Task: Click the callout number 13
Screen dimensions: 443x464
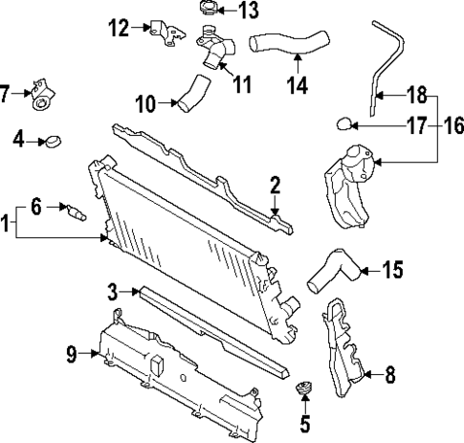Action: pyautogui.click(x=248, y=11)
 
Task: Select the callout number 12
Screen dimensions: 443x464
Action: pyautogui.click(x=119, y=28)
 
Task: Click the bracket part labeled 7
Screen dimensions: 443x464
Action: pyautogui.click(x=41, y=93)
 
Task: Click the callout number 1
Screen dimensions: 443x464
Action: pyautogui.click(x=8, y=226)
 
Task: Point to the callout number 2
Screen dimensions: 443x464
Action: pyautogui.click(x=275, y=185)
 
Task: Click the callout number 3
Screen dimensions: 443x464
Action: pyautogui.click(x=112, y=290)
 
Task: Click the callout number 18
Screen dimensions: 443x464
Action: pyautogui.click(x=416, y=95)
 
